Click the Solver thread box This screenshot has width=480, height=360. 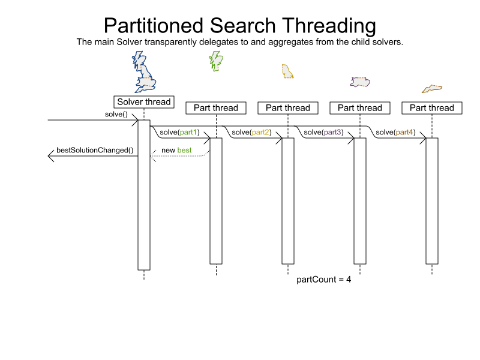point(144,102)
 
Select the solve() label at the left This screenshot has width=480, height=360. point(116,114)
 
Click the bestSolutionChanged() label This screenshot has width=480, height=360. point(95,149)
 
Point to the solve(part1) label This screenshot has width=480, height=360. point(179,132)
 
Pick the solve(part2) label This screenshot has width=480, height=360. point(251,132)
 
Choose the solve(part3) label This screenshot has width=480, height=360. point(323,132)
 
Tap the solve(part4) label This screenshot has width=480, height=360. point(395,132)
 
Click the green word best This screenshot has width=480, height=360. point(184,149)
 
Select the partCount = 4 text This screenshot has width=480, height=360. point(324,280)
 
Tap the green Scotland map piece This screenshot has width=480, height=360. point(215,60)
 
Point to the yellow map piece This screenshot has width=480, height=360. point(287,71)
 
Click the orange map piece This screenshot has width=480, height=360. point(432,89)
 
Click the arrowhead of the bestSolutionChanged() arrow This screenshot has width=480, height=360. point(51,157)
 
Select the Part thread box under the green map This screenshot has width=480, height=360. point(216,108)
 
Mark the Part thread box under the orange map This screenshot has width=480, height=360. point(432,108)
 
